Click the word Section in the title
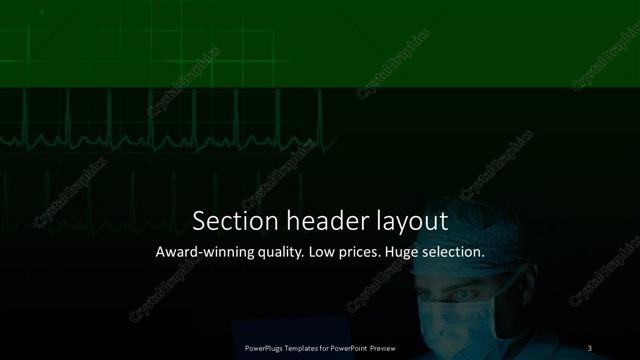(227, 220)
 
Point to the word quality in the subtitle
(282, 254)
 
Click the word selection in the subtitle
(459, 253)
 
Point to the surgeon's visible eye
(463, 297)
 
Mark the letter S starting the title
(198, 220)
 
